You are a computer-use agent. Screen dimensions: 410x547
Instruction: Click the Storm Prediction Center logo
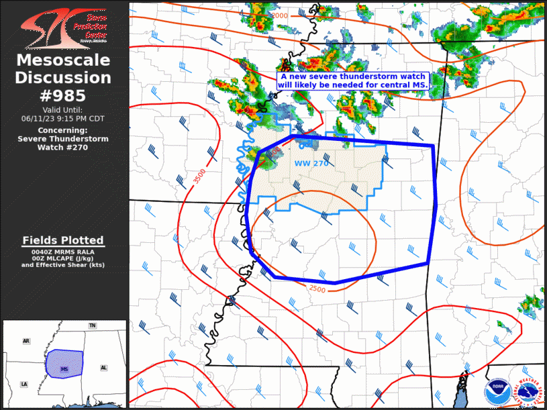[x=64, y=26]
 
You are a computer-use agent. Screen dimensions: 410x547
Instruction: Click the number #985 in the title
[x=64, y=95]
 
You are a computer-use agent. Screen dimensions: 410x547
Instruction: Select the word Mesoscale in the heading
[x=64, y=61]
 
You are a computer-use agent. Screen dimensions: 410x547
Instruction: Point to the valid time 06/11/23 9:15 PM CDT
[x=64, y=118]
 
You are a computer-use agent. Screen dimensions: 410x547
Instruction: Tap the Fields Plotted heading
[x=64, y=240]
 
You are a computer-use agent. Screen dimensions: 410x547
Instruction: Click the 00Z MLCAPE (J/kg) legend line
[x=64, y=258]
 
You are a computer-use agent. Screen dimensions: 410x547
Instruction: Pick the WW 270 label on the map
[x=311, y=163]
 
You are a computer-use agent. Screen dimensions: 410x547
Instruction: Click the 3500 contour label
[x=199, y=177]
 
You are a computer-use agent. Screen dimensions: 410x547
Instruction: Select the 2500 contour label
[x=318, y=289]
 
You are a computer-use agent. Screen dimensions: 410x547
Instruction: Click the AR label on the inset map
[x=26, y=342]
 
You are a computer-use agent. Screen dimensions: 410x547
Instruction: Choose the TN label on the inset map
[x=92, y=325]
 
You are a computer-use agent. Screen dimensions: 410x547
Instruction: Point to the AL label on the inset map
[x=103, y=368]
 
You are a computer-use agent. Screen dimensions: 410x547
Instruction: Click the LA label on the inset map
[x=24, y=384]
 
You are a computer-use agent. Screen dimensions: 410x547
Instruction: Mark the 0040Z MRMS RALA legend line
[x=64, y=251]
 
